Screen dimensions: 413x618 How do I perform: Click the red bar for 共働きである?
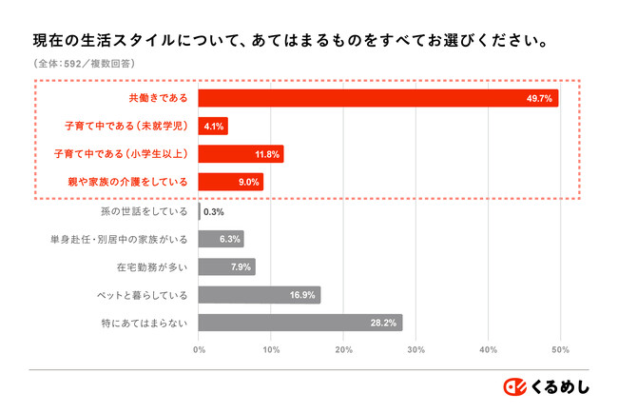[x=378, y=98]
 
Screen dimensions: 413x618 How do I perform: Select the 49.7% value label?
[x=539, y=98]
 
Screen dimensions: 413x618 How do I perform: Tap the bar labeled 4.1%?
[x=213, y=126]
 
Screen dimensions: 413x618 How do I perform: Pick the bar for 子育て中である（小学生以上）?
[x=241, y=153]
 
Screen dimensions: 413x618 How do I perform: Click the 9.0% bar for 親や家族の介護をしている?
[x=231, y=181]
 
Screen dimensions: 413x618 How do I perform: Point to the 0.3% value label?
[x=213, y=211]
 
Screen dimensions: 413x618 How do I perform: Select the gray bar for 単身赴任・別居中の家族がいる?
[x=221, y=239]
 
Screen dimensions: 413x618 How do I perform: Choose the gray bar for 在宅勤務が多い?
[x=226, y=266]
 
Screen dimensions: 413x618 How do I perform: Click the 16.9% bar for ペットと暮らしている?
[x=259, y=295]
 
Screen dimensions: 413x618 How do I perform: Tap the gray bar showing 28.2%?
[x=299, y=323]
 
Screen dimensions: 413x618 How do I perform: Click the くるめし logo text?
[x=560, y=385]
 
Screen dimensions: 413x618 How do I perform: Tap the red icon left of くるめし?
[x=514, y=385]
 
